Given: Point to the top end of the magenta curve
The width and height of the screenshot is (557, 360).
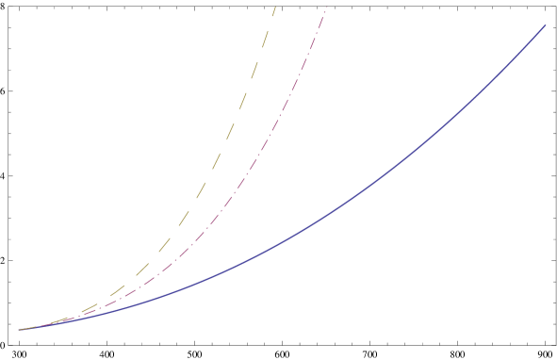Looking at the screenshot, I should point(326,8).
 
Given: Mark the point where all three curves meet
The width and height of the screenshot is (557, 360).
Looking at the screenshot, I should point(19,330).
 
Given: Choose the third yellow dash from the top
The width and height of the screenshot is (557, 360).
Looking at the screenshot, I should point(254,67).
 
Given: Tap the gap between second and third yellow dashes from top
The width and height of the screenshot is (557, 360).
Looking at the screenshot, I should point(260,52).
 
